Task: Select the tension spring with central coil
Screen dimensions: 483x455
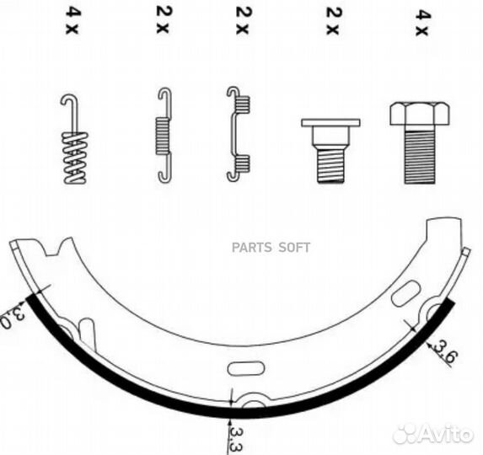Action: pos(164,136)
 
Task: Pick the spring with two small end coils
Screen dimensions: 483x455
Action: pos(238,134)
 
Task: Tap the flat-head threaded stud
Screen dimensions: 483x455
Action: pos(330,151)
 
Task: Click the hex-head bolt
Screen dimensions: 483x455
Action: pos(419,143)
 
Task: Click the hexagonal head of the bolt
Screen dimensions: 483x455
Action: pos(419,114)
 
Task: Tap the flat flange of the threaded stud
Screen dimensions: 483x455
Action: pos(330,122)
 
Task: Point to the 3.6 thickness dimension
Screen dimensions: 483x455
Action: pos(444,352)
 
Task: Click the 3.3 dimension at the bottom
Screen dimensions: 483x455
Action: pos(237,438)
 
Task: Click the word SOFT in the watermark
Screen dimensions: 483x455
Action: pos(294,248)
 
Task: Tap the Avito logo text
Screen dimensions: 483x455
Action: pos(446,434)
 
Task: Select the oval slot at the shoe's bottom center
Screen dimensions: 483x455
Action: pos(246,368)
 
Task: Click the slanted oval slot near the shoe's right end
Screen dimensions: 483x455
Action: pos(405,294)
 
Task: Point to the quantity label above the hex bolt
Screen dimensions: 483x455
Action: pos(421,23)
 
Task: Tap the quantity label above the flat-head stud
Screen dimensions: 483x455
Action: pos(333,21)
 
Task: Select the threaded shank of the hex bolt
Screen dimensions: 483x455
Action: pos(420,158)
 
